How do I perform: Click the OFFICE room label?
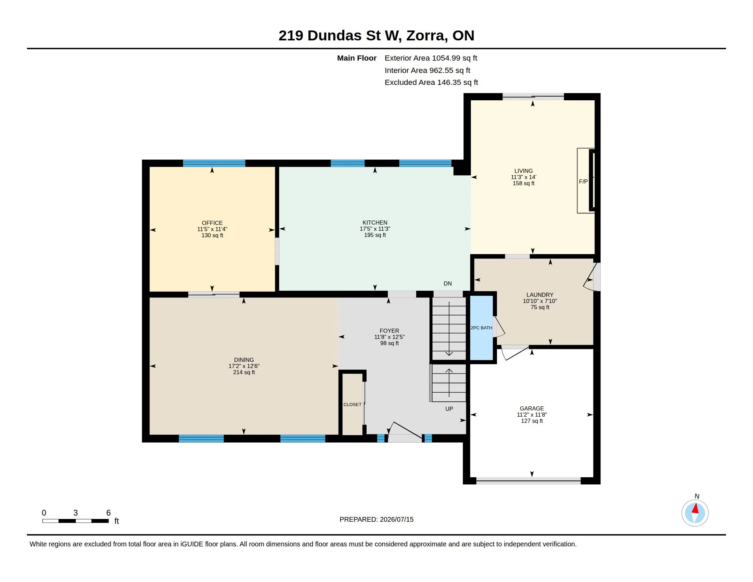(212, 223)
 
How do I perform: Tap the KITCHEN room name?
(375, 223)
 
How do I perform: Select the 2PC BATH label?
(481, 328)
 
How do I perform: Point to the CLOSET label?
(352, 404)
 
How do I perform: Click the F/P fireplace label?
(583, 181)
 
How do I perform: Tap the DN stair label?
(448, 283)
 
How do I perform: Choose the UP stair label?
(449, 408)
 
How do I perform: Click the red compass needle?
(695, 508)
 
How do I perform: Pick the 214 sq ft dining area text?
(244, 372)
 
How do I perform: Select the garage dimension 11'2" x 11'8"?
(532, 415)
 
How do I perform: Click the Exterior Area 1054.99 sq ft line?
(431, 58)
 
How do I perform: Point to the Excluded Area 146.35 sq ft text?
(431, 83)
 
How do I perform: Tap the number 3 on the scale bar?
(76, 513)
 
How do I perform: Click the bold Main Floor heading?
(357, 58)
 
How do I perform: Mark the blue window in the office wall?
(214, 163)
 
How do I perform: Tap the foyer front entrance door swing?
(406, 432)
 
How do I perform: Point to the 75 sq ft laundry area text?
(540, 307)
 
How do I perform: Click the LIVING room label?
(523, 171)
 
